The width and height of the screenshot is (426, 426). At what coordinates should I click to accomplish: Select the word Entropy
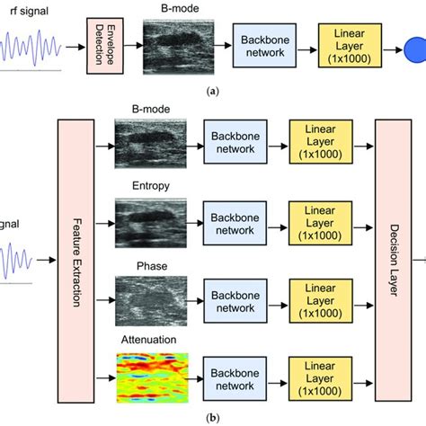[x=147, y=188]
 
